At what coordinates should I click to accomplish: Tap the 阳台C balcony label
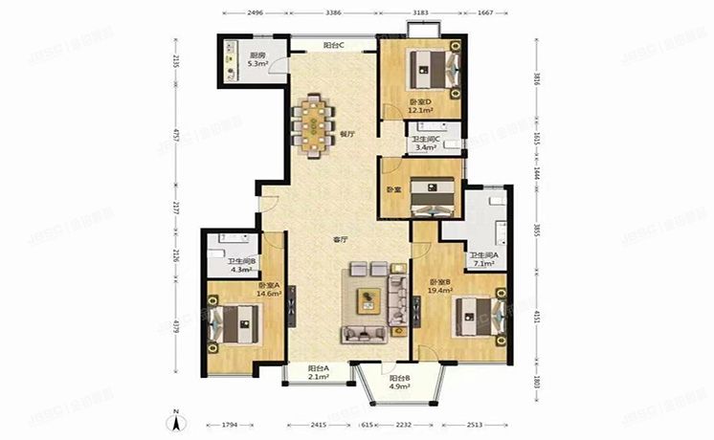pos(334,45)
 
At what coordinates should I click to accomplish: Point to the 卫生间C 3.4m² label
pos(425,144)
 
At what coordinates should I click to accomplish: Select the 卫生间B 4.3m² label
pos(239,265)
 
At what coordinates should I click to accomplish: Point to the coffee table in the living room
pos(368,300)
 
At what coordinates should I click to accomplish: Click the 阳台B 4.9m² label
pos(401,384)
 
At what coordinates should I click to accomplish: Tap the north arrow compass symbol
pos(177,418)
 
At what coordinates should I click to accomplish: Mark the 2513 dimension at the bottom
pos(480,424)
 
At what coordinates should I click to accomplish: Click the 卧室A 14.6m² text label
pos(268,290)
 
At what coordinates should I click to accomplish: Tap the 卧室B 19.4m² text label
pos(440,285)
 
